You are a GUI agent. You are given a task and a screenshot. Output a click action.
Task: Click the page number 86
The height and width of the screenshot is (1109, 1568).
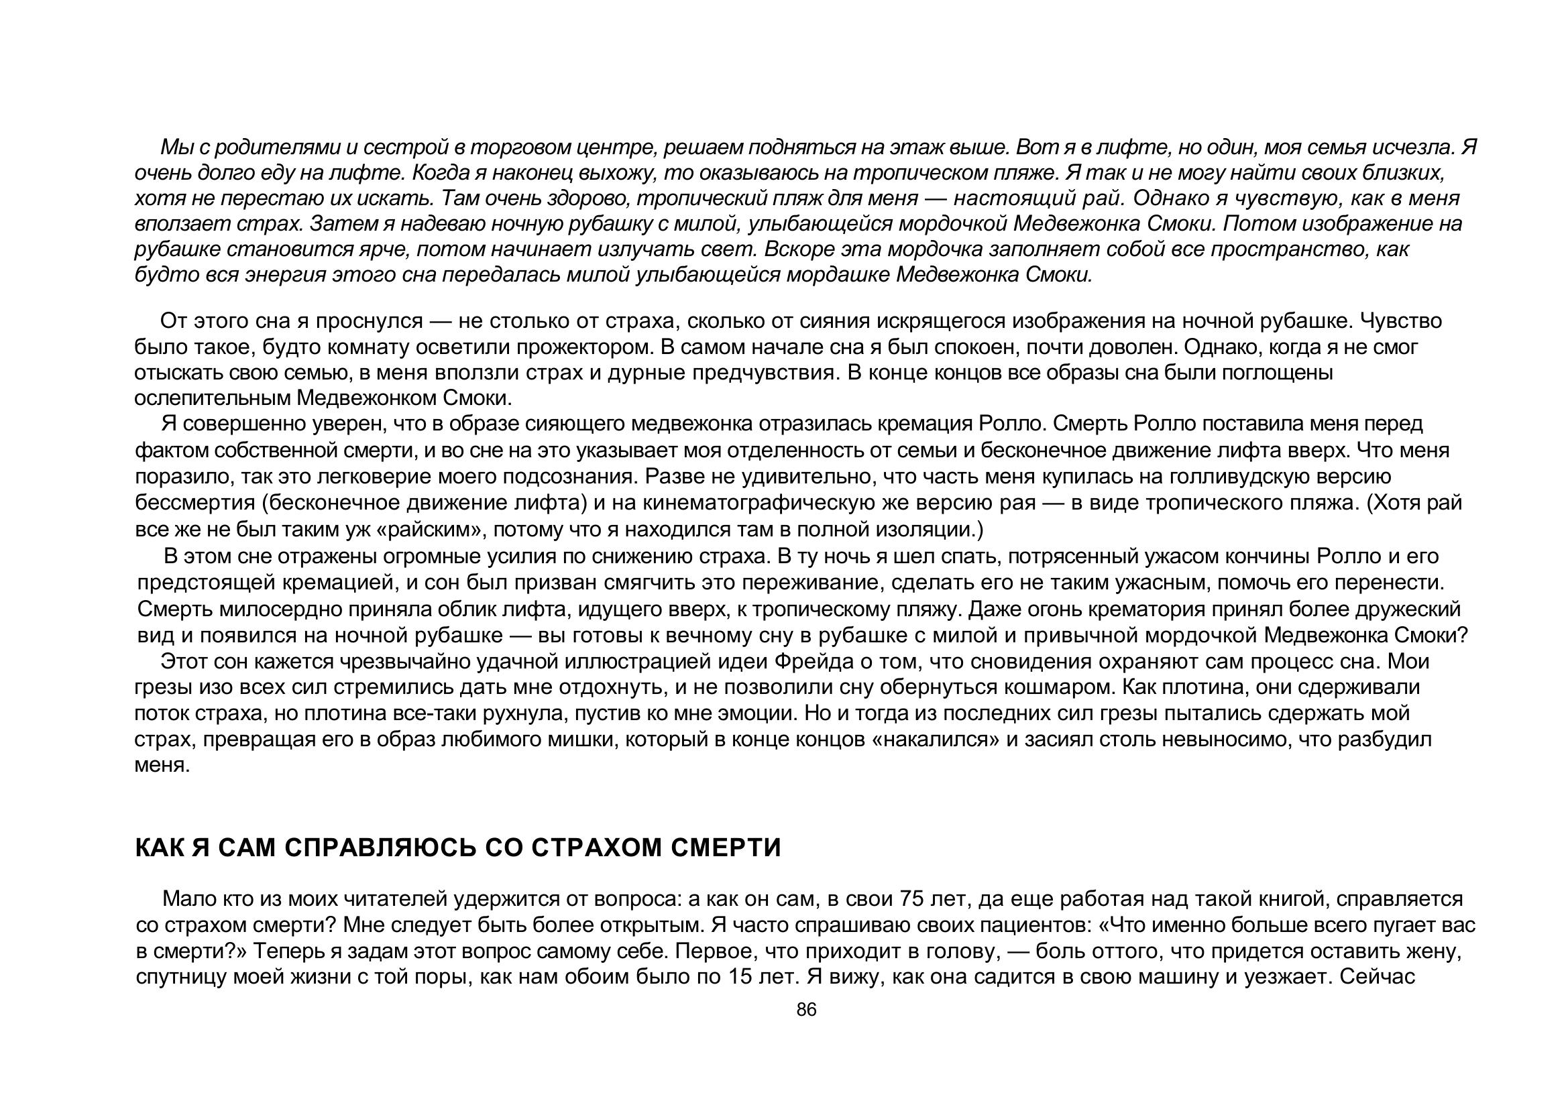(x=806, y=1010)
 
